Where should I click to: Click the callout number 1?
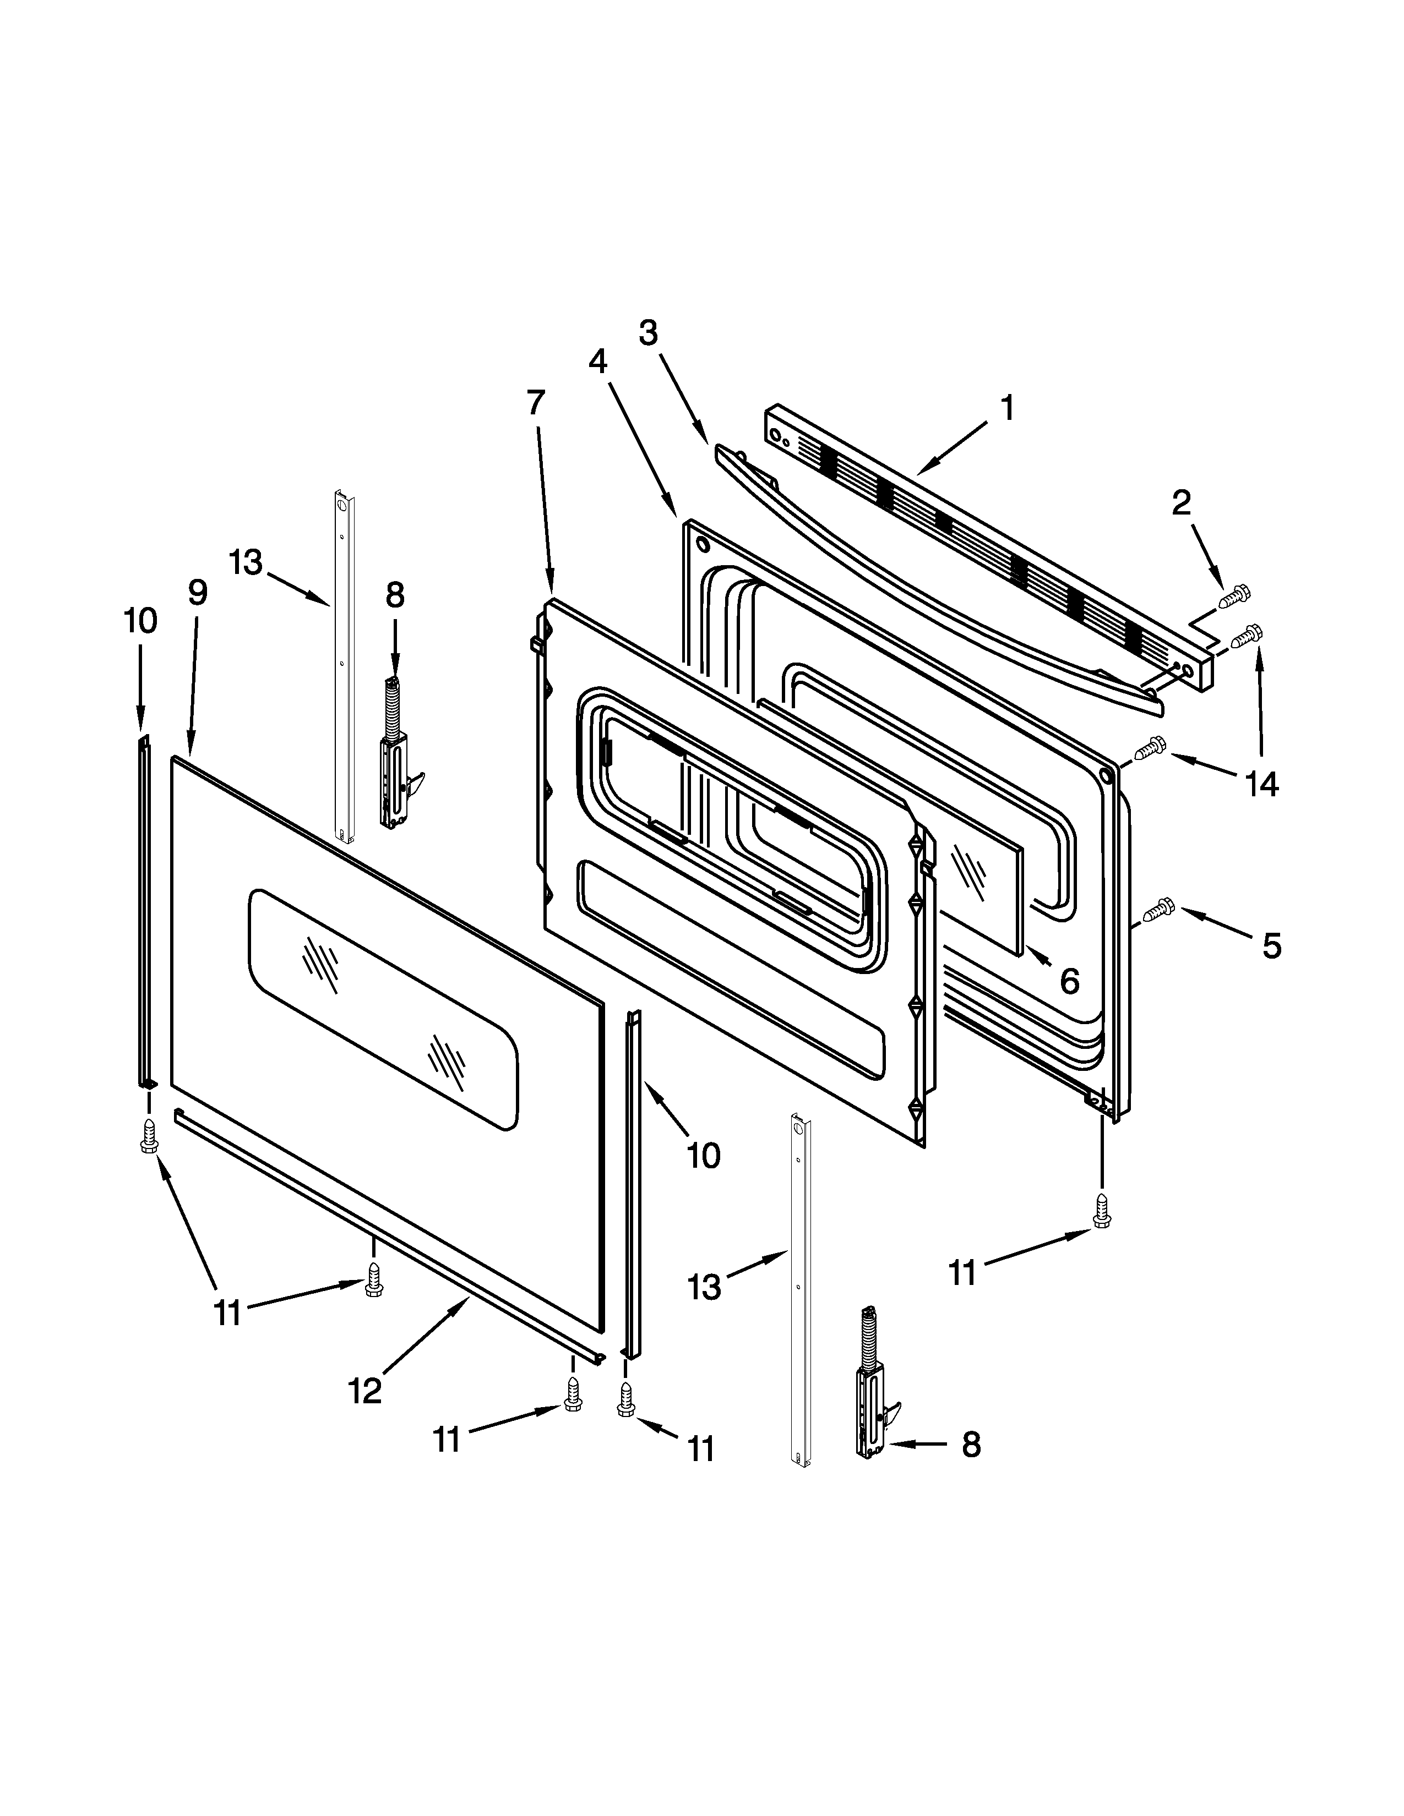point(1007,409)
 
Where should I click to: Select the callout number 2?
point(1181,502)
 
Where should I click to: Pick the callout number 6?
point(1070,981)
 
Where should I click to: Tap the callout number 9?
point(197,592)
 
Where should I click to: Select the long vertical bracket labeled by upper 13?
point(344,665)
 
